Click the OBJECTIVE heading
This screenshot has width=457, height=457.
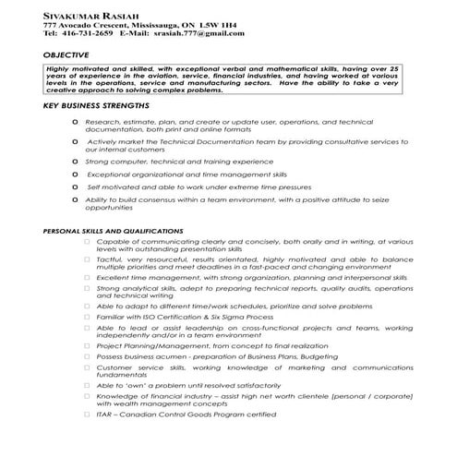coord(66,54)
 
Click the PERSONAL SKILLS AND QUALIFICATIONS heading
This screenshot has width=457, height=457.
coord(114,231)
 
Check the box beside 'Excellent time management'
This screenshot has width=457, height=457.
coord(86,277)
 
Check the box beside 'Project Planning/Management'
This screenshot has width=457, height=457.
coord(86,346)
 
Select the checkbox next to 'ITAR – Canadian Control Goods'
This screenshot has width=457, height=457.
coord(86,415)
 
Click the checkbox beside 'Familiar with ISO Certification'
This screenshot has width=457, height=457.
coord(86,316)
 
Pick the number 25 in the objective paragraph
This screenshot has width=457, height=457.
coord(394,68)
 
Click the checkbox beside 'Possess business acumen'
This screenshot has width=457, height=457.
coord(86,355)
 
